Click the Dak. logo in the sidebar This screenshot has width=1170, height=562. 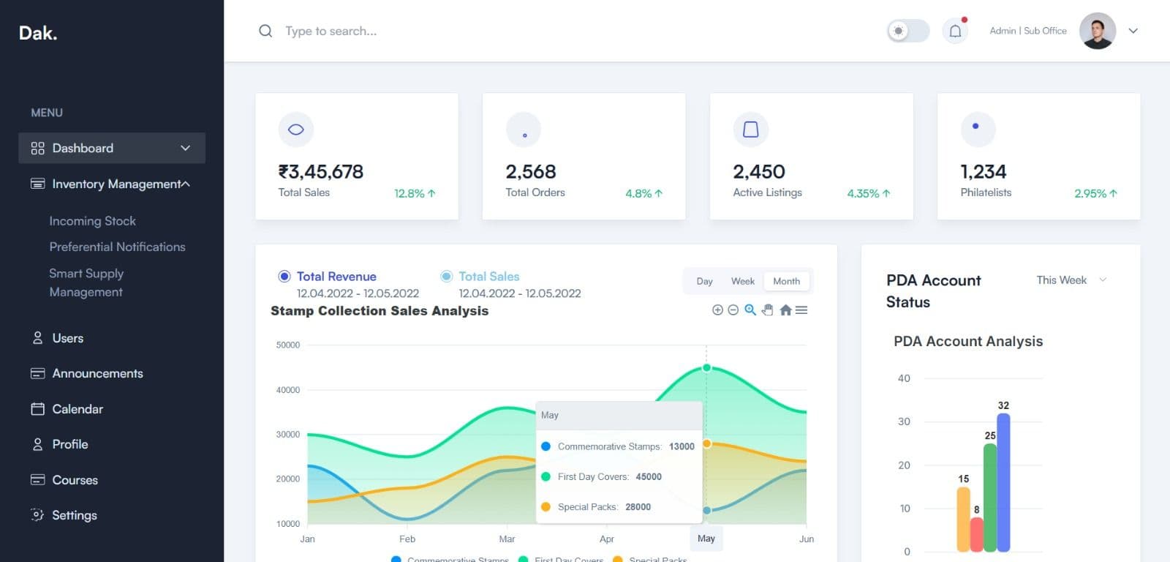[x=38, y=33]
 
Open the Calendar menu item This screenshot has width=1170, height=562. [x=77, y=409]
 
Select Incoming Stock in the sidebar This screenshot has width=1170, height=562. [x=92, y=221]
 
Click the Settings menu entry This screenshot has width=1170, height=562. [x=74, y=515]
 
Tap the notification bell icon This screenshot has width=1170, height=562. [x=955, y=31]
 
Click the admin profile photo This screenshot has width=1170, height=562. [x=1097, y=31]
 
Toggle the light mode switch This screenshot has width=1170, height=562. [x=907, y=31]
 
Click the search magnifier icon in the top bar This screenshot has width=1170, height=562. [x=265, y=31]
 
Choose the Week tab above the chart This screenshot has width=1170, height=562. [x=742, y=281]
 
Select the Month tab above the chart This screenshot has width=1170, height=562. [x=786, y=281]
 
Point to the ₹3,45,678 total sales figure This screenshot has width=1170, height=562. [x=320, y=172]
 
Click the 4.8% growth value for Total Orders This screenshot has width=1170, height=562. [x=638, y=193]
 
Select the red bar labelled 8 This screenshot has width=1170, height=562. [x=976, y=534]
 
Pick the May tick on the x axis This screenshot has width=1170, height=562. [x=706, y=539]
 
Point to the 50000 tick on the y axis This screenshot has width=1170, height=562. [x=288, y=345]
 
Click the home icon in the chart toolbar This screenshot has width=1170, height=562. [x=785, y=310]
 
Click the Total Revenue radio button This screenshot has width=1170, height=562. [x=284, y=277]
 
